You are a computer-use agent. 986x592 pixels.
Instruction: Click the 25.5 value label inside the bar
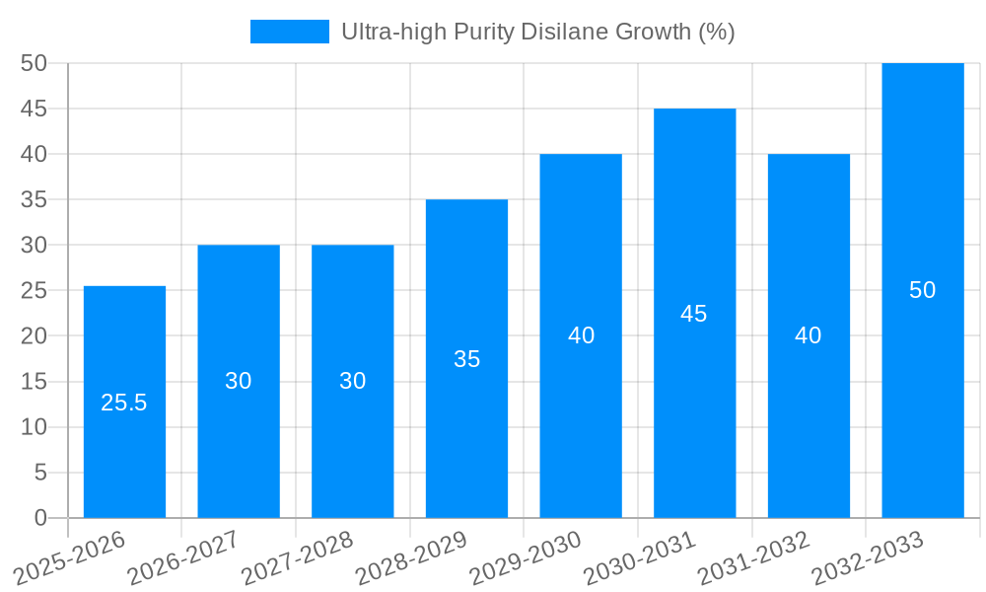pos(124,403)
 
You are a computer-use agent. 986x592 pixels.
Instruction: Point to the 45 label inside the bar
pos(694,314)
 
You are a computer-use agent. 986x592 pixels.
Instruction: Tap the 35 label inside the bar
pos(466,359)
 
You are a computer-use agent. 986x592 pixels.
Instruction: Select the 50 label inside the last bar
pos(922,290)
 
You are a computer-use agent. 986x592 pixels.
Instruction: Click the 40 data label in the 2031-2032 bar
pos(808,335)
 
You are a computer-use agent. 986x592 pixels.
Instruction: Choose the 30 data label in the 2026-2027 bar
pos(239,381)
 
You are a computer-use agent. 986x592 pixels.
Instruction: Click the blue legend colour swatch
pos(289,32)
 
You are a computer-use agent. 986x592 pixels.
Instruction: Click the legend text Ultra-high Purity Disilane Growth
pos(537,32)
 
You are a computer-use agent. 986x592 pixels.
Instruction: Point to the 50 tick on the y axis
pos(34,63)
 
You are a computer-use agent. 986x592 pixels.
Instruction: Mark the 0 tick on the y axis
pos(40,518)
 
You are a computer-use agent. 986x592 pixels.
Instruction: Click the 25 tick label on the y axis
pos(34,291)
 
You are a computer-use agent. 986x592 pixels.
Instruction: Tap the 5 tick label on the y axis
pos(40,473)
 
